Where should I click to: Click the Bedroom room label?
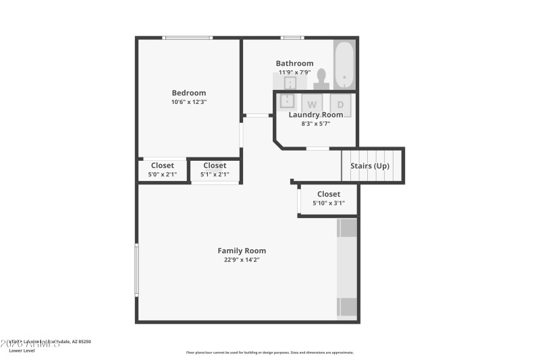pos(188,93)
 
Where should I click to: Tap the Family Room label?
pos(242,251)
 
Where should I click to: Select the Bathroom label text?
pos(294,63)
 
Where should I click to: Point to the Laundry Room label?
pos(315,115)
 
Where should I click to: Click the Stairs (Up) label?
pos(369,165)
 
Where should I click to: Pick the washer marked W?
pos(312,104)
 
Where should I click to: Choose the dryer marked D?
pos(340,104)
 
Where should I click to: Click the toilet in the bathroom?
pos(321,79)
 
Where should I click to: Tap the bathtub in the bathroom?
pos(344,65)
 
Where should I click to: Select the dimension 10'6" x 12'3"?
pos(188,102)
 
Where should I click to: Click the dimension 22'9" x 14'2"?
pos(242,259)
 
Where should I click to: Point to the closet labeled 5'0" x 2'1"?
pos(163,170)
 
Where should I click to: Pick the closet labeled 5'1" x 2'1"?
pos(215,170)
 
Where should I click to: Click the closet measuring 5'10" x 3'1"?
pos(329,199)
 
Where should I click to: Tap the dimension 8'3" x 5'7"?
pos(315,124)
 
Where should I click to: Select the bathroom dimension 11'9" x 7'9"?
pos(294,72)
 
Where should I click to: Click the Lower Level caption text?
pos(22,351)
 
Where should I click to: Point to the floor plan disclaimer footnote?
pos(270,352)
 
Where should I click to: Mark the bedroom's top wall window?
pos(188,38)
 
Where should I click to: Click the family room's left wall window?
pos(137,270)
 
